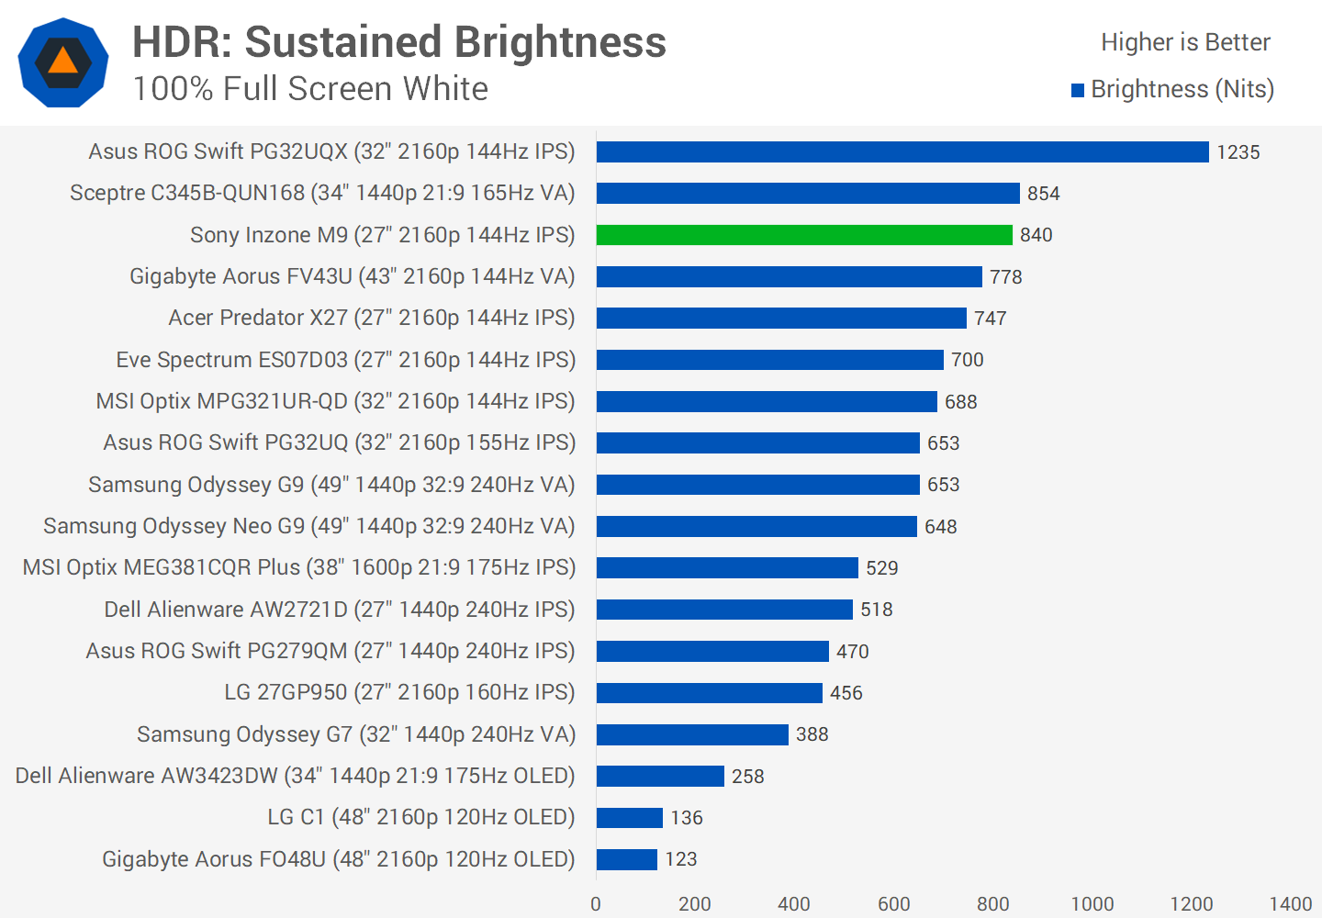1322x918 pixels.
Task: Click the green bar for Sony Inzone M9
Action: click(804, 235)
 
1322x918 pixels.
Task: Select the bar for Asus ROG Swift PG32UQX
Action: click(902, 151)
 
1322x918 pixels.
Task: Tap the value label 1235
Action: click(1238, 152)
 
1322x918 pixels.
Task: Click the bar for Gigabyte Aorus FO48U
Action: click(627, 859)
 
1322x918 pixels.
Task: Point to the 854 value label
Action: click(1043, 194)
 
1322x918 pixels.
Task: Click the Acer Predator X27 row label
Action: click(371, 318)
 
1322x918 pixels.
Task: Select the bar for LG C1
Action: click(630, 817)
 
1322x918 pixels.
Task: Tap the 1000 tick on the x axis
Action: click(1092, 904)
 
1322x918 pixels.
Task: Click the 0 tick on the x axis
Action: click(596, 904)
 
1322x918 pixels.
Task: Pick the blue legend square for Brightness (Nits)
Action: click(1078, 90)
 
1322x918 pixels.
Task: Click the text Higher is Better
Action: click(1184, 42)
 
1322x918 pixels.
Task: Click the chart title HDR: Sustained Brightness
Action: click(399, 42)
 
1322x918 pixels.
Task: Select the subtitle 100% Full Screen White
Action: click(310, 89)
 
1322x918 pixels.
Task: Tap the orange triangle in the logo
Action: click(62, 62)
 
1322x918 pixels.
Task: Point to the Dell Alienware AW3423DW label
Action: click(295, 776)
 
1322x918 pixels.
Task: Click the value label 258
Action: click(747, 777)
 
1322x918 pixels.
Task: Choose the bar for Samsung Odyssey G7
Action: click(692, 734)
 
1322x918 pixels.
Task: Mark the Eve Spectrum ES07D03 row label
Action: click(345, 360)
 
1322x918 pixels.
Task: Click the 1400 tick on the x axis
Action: click(1290, 904)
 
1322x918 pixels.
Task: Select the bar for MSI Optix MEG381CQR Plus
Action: click(727, 567)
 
